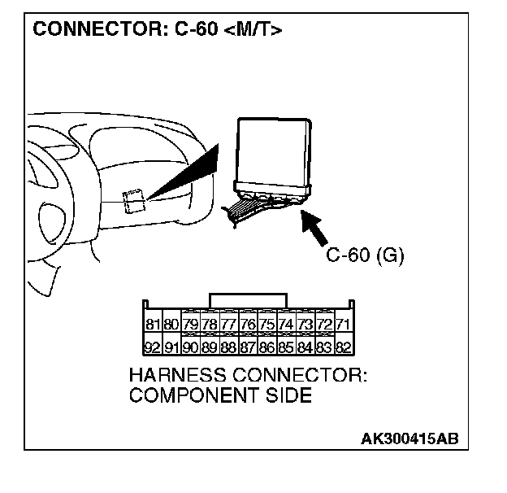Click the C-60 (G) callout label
click(x=365, y=255)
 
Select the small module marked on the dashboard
click(x=133, y=199)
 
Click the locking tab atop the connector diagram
click(x=247, y=299)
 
